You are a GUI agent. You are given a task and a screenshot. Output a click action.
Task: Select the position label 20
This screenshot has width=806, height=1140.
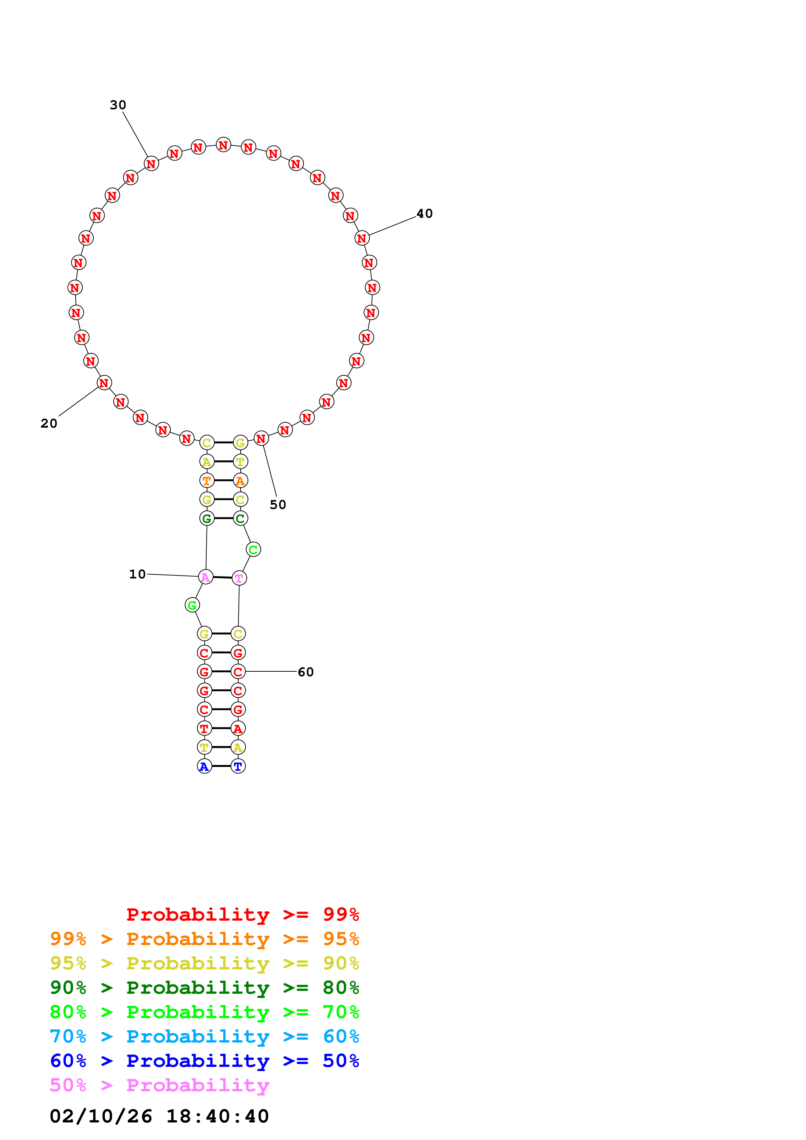coord(49,423)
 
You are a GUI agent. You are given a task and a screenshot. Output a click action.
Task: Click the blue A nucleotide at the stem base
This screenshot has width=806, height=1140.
coord(204,766)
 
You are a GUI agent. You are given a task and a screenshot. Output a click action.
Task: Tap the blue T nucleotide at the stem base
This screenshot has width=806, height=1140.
coord(238,766)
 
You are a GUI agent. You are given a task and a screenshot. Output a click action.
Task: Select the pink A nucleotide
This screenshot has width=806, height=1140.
coord(205,577)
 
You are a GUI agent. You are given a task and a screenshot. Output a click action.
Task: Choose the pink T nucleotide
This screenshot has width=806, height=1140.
coord(239,578)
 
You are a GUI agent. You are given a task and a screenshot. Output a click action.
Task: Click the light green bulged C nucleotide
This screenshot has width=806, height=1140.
coord(253,549)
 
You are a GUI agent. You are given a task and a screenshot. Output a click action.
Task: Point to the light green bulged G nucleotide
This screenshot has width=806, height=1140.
coord(192,605)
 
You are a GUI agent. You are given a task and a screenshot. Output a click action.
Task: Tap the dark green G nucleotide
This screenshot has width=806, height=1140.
coord(206,518)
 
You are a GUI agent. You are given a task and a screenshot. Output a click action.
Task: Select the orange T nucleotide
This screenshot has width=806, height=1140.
coord(206,481)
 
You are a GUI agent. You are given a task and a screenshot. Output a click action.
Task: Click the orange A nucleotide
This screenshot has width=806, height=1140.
coord(240,481)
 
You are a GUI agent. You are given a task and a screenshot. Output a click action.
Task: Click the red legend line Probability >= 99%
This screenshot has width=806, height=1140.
coord(242,914)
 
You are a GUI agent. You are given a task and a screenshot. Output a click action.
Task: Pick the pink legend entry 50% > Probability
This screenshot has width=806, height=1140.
coord(159,1085)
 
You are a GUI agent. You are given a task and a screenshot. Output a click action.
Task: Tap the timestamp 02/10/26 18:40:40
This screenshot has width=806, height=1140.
coord(159,1116)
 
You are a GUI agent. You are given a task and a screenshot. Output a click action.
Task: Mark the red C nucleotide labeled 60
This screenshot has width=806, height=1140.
coord(238,672)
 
